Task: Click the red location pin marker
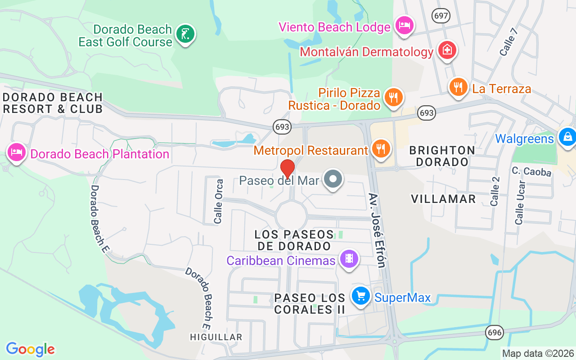[287, 169]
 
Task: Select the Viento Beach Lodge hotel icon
[404, 25]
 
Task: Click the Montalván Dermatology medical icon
[447, 50]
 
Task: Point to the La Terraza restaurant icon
[458, 86]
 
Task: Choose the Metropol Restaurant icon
[381, 148]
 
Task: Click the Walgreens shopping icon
[567, 137]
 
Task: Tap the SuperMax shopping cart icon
[360, 296]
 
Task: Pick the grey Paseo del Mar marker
[333, 180]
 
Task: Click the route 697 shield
[441, 16]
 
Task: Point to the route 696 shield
[494, 333]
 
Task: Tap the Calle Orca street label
[218, 202]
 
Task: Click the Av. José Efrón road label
[377, 230]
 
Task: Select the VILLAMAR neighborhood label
[443, 199]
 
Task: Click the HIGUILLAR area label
[216, 337]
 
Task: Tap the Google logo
[30, 349]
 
